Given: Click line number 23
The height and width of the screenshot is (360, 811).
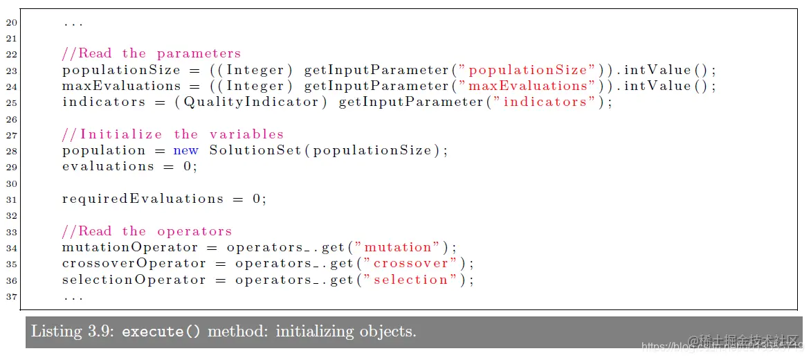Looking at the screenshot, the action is [10, 71].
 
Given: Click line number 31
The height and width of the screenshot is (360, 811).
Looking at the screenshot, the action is [10, 199].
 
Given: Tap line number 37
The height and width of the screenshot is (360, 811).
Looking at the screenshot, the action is [10, 296].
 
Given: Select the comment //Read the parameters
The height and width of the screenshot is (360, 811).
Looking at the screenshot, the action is [152, 53].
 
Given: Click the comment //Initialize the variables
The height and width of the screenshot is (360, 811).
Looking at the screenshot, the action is [173, 134].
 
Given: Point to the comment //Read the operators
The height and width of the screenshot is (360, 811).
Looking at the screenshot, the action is [147, 231].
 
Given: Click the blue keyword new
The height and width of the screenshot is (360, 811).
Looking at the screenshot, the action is [185, 150].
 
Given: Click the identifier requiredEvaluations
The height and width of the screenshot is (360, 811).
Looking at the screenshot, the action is [143, 199].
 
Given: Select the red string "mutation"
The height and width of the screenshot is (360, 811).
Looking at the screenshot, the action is [397, 247].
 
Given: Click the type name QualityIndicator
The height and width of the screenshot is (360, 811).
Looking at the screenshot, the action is [255, 102].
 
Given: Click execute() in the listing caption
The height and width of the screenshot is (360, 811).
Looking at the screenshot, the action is [161, 332].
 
